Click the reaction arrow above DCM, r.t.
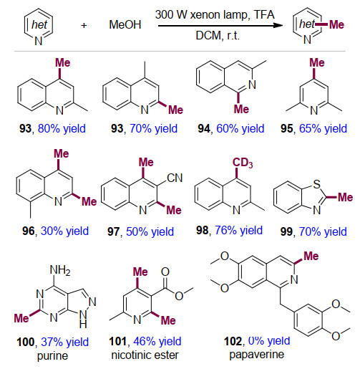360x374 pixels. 220,25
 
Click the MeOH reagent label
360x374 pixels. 125,25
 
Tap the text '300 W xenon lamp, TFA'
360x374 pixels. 215,15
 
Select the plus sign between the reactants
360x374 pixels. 84,25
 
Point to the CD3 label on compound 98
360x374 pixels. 243,163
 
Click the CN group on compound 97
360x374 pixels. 175,178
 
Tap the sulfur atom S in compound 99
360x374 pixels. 316,184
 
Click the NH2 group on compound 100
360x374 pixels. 60,271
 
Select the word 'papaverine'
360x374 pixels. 256,355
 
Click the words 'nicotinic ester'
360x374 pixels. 145,355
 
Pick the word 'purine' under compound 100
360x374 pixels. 52,356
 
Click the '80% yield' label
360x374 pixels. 62,128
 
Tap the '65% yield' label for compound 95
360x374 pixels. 323,128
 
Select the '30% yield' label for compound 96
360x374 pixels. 64,231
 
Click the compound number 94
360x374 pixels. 204,129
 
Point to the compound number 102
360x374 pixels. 233,341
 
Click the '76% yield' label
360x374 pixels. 238,230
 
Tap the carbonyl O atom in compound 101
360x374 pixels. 165,272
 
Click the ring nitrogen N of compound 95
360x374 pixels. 314,110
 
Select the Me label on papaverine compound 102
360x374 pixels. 311,256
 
